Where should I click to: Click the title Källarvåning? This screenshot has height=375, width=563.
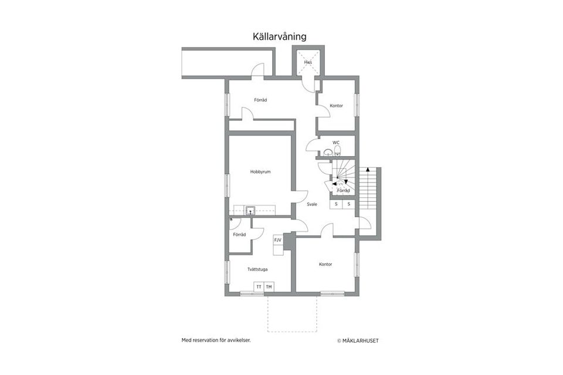click(x=279, y=36)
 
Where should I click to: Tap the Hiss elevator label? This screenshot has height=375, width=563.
click(x=307, y=62)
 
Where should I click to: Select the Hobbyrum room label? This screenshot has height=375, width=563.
click(x=260, y=172)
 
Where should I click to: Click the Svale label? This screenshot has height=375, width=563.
click(x=312, y=204)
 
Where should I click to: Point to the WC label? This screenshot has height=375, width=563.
click(x=336, y=143)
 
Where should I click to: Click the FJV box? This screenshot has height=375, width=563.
click(x=277, y=240)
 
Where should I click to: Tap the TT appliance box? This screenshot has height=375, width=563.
click(x=259, y=286)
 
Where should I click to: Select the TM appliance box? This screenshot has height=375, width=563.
click(x=269, y=286)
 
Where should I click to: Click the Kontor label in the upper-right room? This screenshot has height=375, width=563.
click(x=336, y=106)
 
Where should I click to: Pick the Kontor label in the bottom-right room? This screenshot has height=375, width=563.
click(x=325, y=264)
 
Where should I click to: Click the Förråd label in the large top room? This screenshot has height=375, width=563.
click(x=260, y=100)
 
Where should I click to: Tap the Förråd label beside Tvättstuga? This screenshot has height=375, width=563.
click(x=239, y=235)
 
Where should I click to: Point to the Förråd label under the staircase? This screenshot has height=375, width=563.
click(x=344, y=191)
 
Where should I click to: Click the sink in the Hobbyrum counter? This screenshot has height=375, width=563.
click(x=250, y=209)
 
